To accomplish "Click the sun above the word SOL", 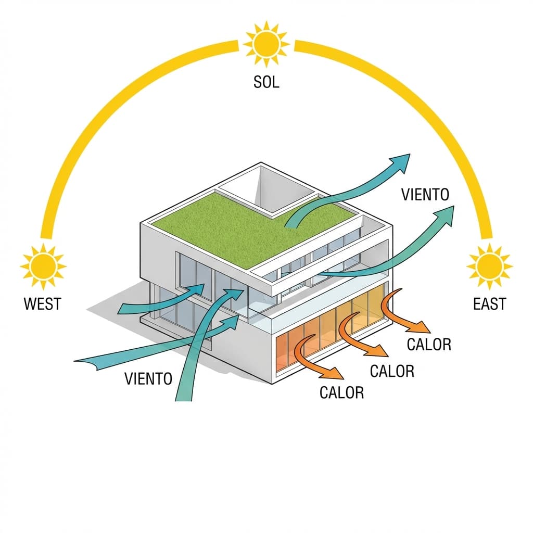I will click(x=266, y=44).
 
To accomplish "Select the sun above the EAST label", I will click(x=490, y=265).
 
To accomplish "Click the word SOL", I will click(x=266, y=82).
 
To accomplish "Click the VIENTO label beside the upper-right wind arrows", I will click(x=425, y=195).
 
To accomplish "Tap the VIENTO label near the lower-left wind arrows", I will click(x=148, y=378).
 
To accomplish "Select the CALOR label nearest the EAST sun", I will click(x=429, y=344).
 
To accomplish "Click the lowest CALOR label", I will click(x=342, y=392).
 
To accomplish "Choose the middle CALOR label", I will click(x=391, y=371).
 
